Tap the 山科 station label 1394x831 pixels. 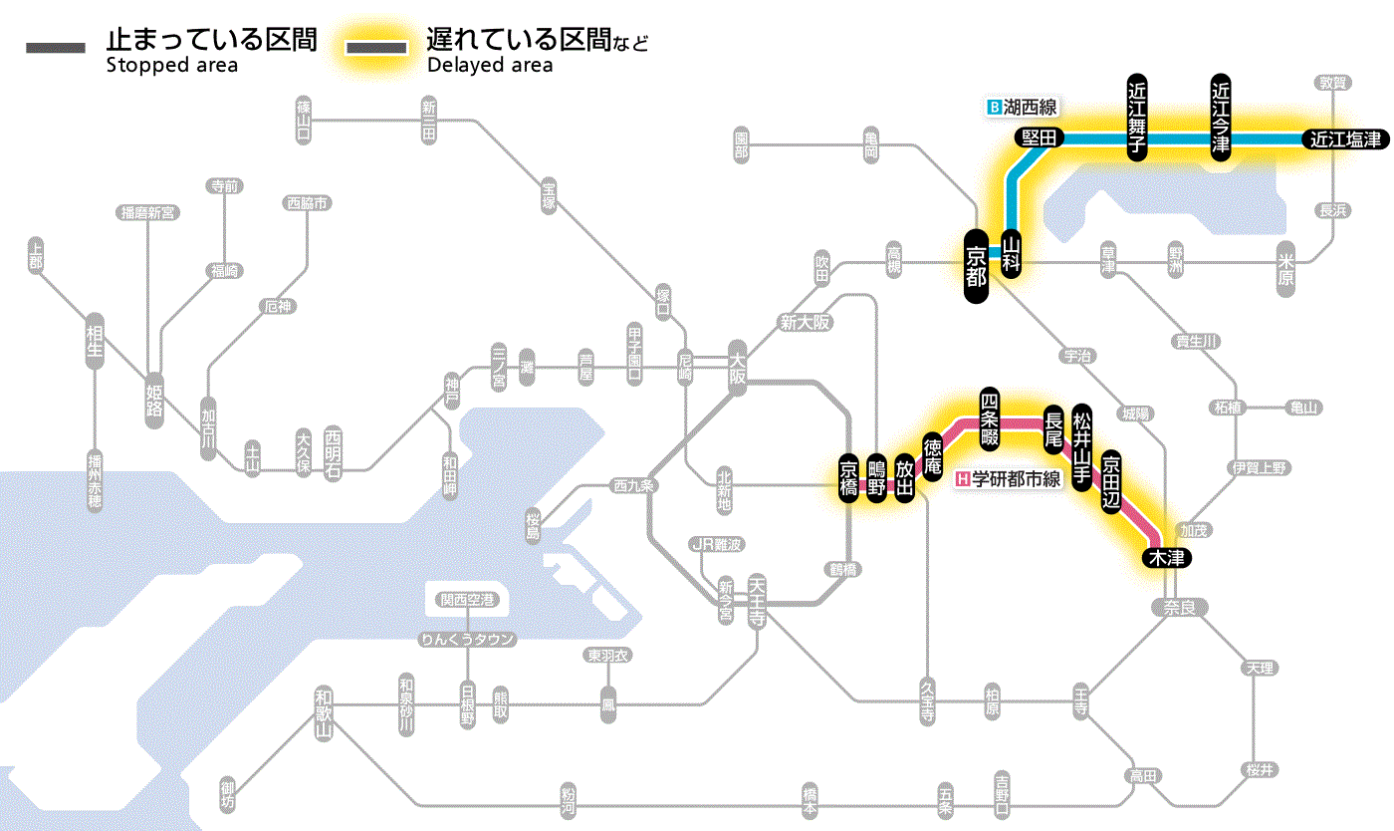[1012, 253]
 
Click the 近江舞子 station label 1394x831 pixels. [1137, 117]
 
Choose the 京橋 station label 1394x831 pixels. [848, 480]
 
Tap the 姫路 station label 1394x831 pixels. [154, 400]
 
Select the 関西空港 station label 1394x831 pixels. [468, 600]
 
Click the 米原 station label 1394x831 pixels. [1286, 268]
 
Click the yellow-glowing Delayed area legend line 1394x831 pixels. [375, 48]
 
